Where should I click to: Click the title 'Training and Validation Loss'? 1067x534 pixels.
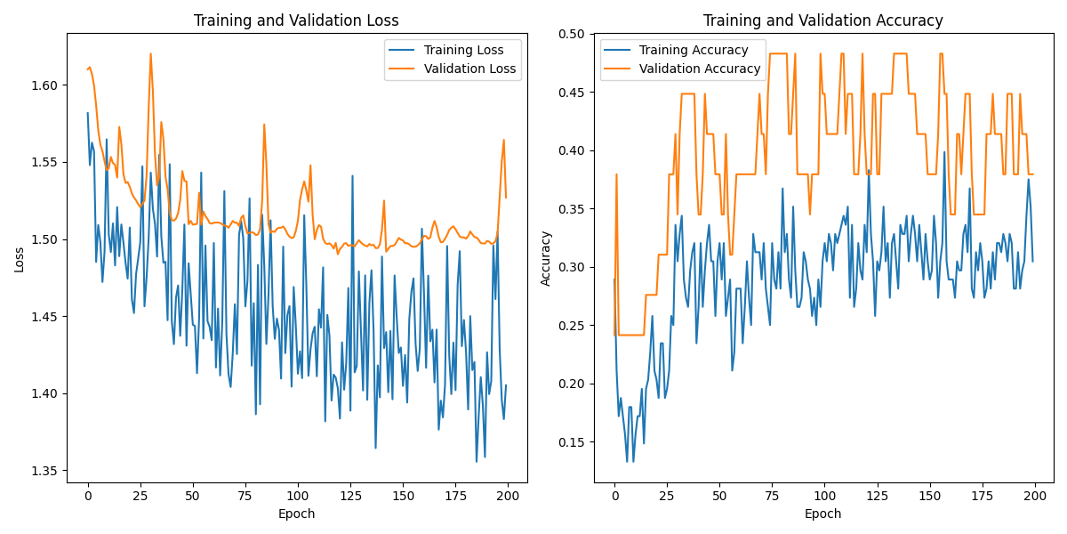296,20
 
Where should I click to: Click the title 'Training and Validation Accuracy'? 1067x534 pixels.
822,20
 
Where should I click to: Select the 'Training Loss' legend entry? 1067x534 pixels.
463,50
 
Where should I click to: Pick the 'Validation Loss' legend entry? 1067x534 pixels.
469,69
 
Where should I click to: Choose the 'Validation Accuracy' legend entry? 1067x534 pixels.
700,69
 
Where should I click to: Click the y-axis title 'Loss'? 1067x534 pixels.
19,259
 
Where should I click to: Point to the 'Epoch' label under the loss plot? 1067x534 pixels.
296,514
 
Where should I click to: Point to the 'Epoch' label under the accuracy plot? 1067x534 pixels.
822,514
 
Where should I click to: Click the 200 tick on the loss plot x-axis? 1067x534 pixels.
508,496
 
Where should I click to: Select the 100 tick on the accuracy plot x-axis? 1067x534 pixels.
824,496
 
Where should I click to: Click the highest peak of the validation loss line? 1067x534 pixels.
150,53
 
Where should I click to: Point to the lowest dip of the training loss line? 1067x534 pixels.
477,461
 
